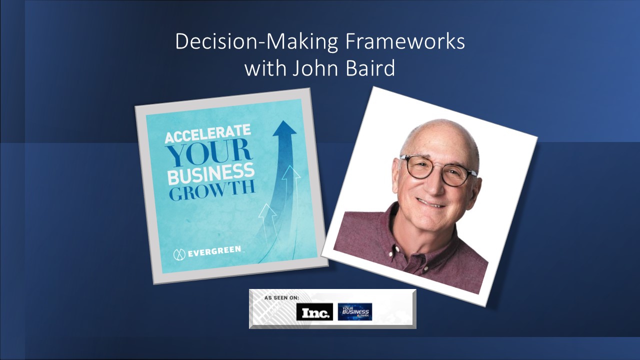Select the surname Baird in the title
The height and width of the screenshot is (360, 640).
369,68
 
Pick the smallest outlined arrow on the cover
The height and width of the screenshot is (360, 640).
268,212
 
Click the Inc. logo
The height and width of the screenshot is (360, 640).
314,312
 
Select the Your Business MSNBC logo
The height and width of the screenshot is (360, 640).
354,312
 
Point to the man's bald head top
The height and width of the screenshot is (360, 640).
440,132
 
